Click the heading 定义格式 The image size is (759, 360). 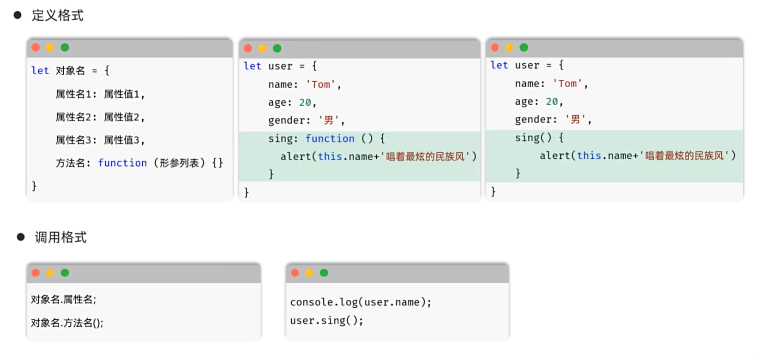[x=57, y=16]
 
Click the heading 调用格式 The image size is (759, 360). [x=60, y=237]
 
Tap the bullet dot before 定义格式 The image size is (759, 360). [x=18, y=15]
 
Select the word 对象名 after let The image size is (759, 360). [x=70, y=71]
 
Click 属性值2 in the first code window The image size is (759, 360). [x=121, y=117]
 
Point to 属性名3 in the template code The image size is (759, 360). [x=73, y=140]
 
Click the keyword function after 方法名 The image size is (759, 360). [x=122, y=163]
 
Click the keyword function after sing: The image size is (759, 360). [x=330, y=138]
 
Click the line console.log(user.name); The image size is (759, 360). [x=361, y=302]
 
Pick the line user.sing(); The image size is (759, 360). [x=326, y=320]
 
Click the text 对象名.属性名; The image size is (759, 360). [x=64, y=300]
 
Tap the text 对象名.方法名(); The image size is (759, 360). [x=67, y=323]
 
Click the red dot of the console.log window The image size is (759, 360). [x=295, y=273]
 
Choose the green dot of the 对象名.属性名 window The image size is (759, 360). [x=65, y=273]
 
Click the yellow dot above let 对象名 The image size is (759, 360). [x=50, y=48]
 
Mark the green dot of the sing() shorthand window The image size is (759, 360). [x=524, y=48]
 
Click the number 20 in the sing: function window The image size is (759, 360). [x=305, y=102]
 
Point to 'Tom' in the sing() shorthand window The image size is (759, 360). [x=567, y=84]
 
